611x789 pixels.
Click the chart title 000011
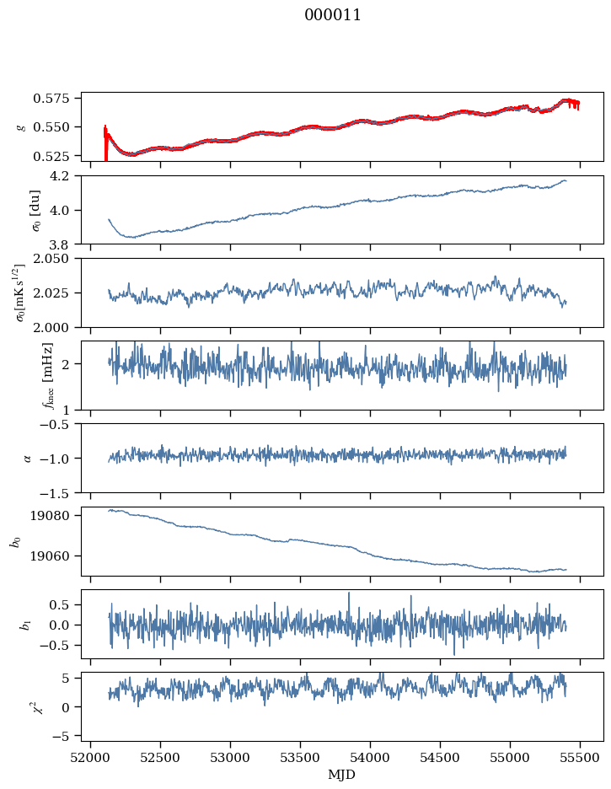333,15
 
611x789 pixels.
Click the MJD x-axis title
341,774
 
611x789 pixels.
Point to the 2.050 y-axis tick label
58,259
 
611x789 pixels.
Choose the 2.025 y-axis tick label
58,293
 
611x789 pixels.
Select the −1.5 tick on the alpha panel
61,492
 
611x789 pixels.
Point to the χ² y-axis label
22,706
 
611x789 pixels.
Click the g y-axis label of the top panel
22,126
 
